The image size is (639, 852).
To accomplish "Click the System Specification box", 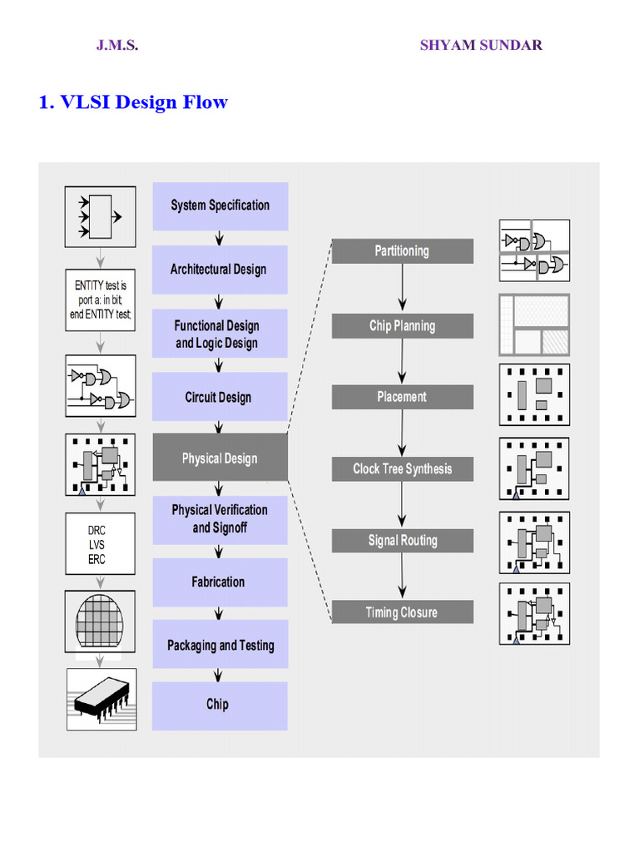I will coord(220,206).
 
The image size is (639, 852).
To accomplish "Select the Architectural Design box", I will coord(220,270).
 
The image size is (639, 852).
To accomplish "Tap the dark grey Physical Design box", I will coord(220,458).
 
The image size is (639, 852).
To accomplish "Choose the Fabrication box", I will coord(220,582).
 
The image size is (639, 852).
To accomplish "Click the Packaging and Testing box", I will coord(220,645).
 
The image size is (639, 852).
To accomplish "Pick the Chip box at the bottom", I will coord(220,705).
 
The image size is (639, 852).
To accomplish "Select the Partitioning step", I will coord(402,251).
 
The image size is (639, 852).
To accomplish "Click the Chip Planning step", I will coord(402,325).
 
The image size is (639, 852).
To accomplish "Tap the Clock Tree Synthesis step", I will coord(402,468).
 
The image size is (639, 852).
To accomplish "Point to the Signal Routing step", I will coord(402,541).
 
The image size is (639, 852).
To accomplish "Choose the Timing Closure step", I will coord(402,612).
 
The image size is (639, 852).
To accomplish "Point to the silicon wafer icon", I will coord(99,618).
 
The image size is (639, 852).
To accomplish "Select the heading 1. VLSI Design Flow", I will coord(133,102).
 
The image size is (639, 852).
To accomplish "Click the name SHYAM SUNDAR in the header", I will coord(481,45).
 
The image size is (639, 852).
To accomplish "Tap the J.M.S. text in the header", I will coord(117,45).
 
